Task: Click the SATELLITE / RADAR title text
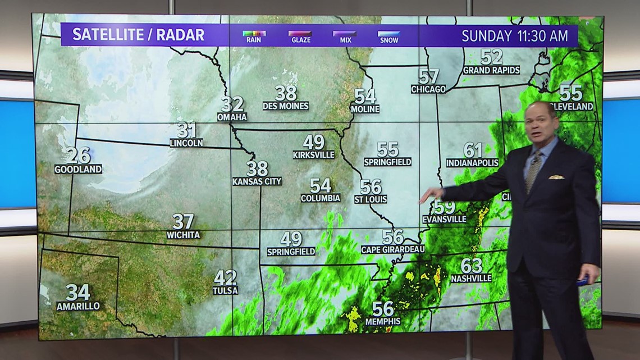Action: [x=138, y=35]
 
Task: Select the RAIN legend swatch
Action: [x=254, y=34]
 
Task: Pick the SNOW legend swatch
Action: [x=388, y=34]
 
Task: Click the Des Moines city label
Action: [x=286, y=106]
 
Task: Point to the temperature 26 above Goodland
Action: [x=78, y=155]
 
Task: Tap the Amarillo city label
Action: [x=78, y=306]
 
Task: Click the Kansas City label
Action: [x=257, y=181]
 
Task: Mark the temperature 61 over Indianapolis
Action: [x=473, y=150]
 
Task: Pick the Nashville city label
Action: [x=471, y=278]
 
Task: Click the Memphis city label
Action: [x=382, y=321]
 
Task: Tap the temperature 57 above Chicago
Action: [x=429, y=76]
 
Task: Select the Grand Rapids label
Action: [x=491, y=70]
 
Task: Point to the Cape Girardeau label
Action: [x=392, y=249]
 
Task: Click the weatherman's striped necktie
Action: [x=533, y=171]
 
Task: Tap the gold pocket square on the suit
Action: [x=556, y=177]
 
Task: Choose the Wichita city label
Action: [x=183, y=235]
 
